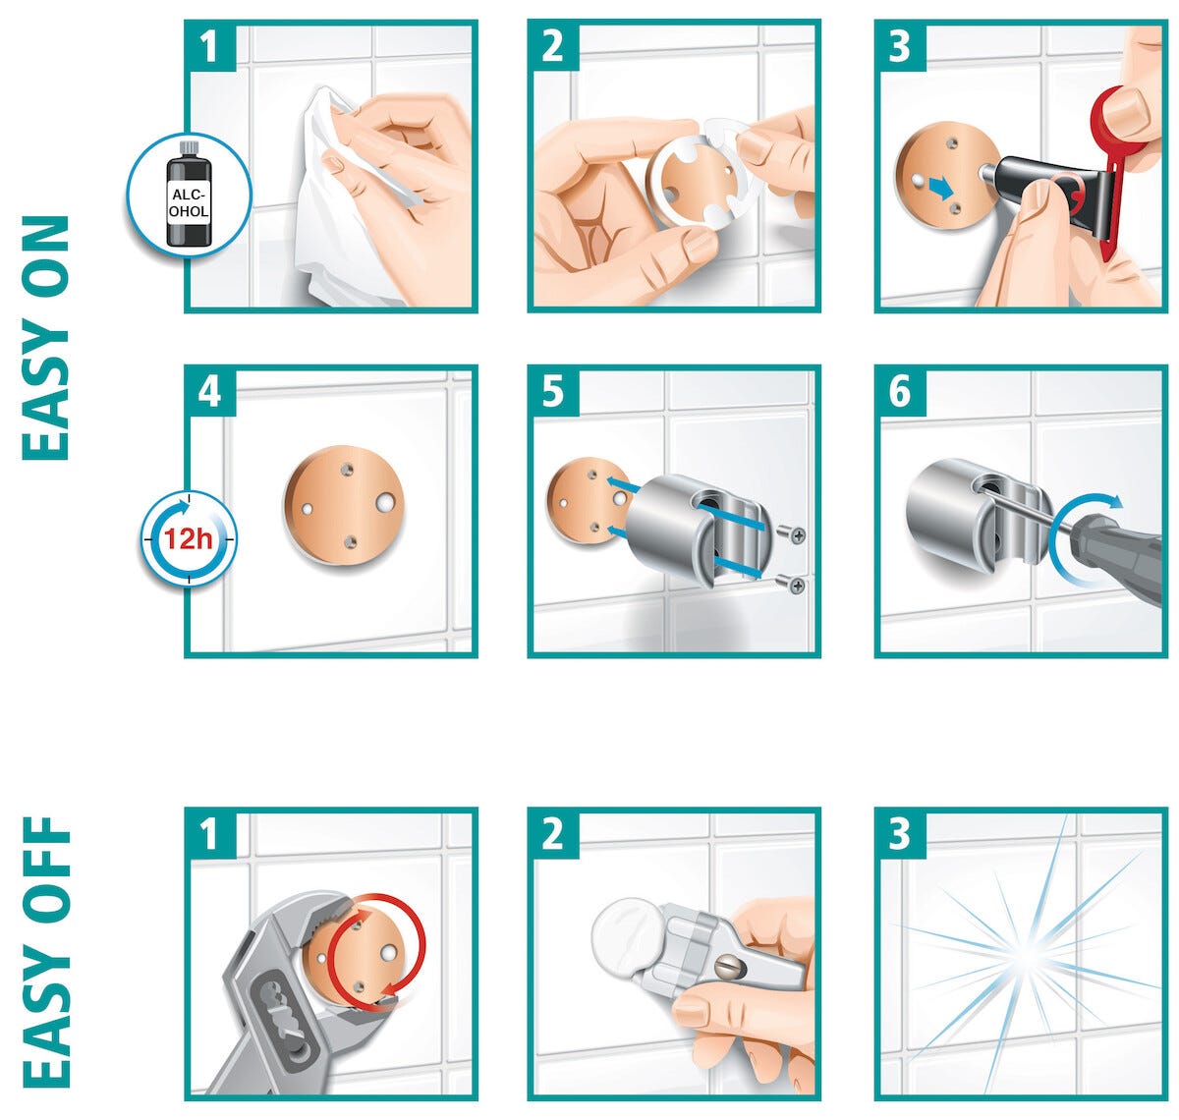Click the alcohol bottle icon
189,195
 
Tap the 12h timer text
189,538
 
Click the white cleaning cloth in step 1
342,197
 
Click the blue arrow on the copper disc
940,190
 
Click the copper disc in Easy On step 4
344,506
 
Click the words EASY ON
45,338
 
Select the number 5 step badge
552,391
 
